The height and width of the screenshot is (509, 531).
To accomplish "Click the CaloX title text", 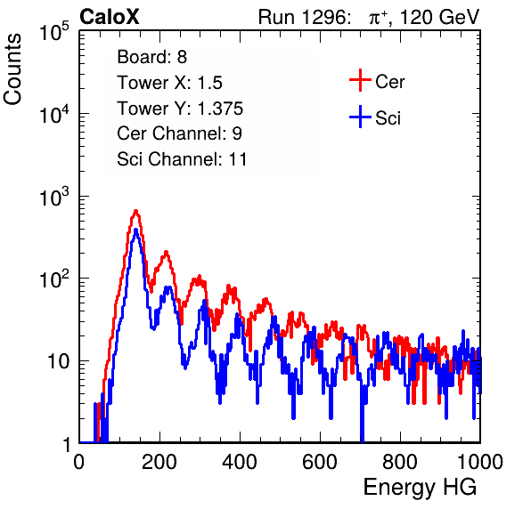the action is click(110, 17).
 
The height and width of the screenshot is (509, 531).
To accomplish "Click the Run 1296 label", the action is click(304, 17).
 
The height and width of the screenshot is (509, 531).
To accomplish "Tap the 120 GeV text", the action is click(440, 17).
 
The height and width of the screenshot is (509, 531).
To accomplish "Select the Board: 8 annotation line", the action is click(151, 57).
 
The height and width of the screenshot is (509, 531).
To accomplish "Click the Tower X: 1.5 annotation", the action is click(169, 83).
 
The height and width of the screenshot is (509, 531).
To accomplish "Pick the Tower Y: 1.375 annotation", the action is click(180, 109).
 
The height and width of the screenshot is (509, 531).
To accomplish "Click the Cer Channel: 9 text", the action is click(179, 133).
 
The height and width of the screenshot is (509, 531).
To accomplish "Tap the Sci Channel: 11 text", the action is click(182, 159).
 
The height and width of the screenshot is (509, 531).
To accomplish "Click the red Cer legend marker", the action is click(360, 80).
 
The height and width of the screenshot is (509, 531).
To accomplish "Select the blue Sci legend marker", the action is click(360, 117).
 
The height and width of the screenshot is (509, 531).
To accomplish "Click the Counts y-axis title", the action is click(12, 69).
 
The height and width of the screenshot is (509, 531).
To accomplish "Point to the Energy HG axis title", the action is click(420, 487).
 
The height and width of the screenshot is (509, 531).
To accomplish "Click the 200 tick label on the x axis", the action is click(159, 462).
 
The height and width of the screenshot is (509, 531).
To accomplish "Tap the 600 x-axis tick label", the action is click(320, 462).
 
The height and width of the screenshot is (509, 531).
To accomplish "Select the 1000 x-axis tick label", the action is click(480, 462).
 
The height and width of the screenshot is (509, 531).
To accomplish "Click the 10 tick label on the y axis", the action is click(59, 361).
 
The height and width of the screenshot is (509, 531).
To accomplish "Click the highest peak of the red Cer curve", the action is click(135, 211).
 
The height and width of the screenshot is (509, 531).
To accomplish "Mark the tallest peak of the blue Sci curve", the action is click(135, 230).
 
